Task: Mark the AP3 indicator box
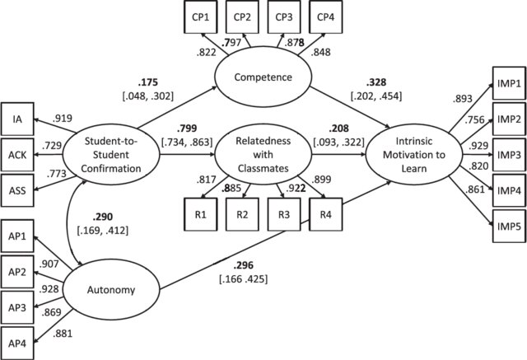click(17, 306)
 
